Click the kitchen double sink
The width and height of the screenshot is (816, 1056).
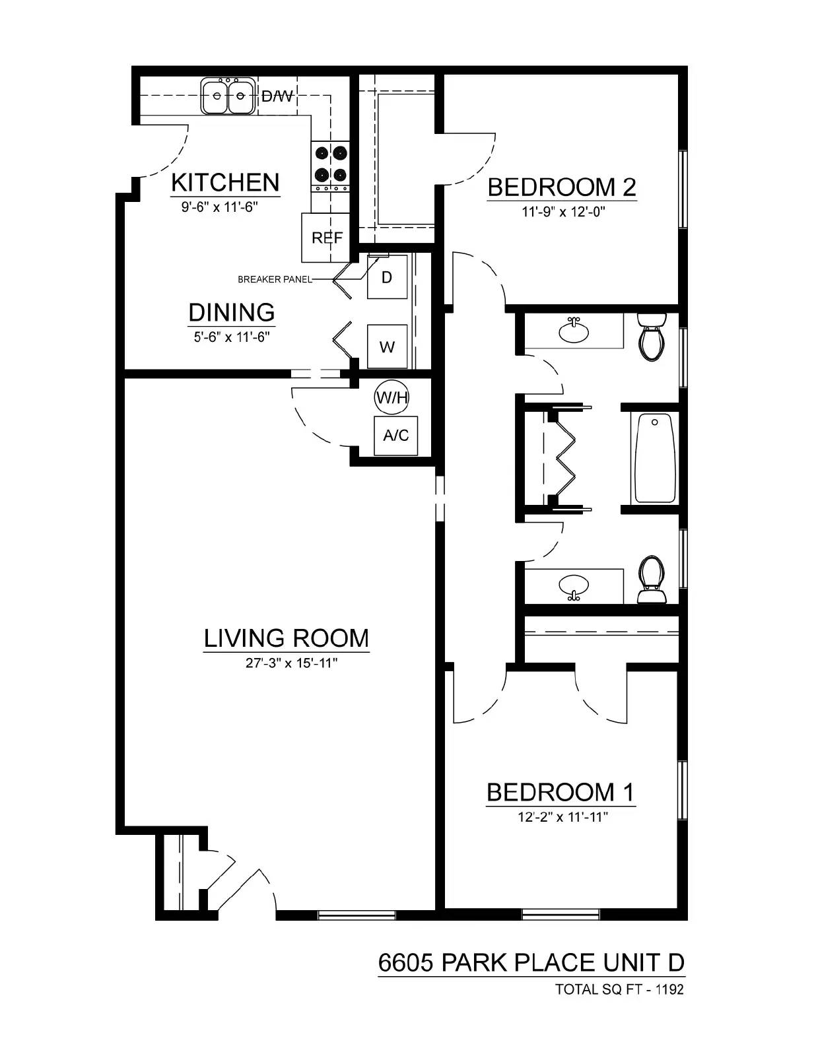[228, 96]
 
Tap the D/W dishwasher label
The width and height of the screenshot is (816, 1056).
[277, 96]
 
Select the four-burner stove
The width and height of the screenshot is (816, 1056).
[331, 164]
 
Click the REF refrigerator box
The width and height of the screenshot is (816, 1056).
[326, 238]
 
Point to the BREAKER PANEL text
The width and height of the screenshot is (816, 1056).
[275, 280]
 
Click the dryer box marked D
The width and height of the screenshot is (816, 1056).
[387, 277]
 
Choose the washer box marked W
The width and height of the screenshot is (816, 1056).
[387, 346]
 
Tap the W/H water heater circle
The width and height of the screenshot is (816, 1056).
[391, 397]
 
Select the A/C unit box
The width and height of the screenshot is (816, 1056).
[395, 436]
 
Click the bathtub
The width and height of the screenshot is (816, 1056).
[655, 458]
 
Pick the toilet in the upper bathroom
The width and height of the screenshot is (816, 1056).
[652, 337]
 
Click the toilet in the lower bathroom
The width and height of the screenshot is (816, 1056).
[651, 580]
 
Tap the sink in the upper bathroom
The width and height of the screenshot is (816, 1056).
[574, 331]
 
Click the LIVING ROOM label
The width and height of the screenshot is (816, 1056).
[286, 638]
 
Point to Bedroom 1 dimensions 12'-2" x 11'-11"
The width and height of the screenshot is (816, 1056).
[562, 817]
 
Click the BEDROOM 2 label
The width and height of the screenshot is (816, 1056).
[561, 187]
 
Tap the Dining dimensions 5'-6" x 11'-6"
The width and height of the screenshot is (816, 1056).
[232, 337]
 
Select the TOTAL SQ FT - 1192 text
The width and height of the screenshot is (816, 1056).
[619, 989]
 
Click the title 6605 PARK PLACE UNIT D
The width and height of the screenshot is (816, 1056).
[531, 963]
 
